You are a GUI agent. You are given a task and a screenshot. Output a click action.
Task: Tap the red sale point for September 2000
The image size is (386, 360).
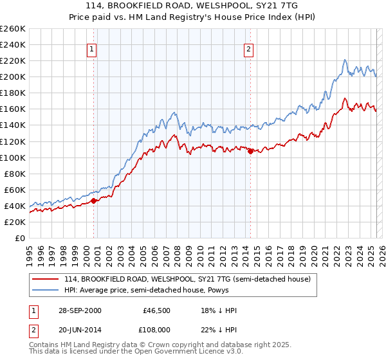(94, 201)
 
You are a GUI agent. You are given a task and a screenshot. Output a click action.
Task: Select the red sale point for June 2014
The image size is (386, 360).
(250, 151)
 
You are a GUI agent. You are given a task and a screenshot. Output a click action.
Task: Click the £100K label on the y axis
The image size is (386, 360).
(12, 157)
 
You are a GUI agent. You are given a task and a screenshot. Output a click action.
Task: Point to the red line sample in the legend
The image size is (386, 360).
(46, 279)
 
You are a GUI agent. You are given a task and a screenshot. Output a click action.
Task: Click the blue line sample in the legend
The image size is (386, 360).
(46, 290)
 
